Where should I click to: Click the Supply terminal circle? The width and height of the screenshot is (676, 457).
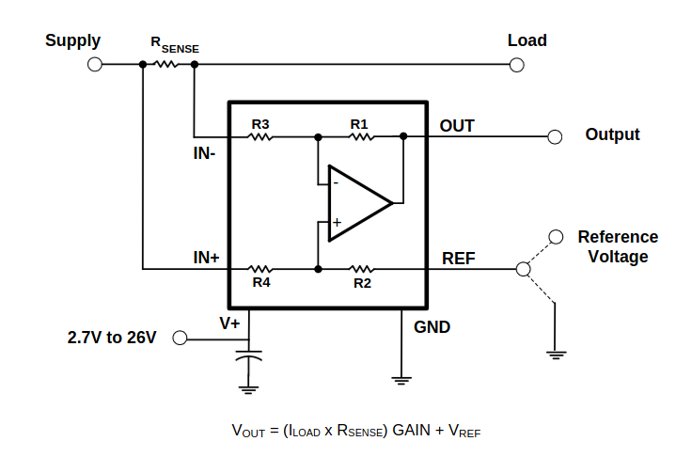pos(95,65)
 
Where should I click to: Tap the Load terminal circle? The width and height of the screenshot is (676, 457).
pos(516,65)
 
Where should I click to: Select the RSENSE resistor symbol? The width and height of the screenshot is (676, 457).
pos(166,64)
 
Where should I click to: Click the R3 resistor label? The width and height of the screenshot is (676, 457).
pos(260,124)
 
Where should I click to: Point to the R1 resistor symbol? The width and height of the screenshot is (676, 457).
pos(361,137)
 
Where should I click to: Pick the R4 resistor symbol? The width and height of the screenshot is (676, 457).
pos(260,270)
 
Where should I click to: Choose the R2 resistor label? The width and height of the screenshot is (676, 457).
pos(362,283)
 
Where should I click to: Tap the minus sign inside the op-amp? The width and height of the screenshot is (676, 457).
pos(336,183)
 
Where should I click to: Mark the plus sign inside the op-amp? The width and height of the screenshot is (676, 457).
pos(337,223)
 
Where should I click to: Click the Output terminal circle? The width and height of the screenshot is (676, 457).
pos(555,136)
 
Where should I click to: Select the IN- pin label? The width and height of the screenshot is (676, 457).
pos(204,153)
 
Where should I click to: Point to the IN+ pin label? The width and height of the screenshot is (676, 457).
pos(206,258)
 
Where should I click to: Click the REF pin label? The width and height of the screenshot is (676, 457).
pos(459,259)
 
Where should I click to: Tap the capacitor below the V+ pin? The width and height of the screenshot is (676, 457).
pos(249,356)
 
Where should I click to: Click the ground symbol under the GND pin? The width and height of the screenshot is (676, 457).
pos(401,381)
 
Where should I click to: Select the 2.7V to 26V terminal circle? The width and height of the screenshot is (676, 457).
pos(180,338)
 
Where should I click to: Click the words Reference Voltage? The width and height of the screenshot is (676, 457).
pos(618,246)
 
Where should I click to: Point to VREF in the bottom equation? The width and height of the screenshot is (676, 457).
pos(464,431)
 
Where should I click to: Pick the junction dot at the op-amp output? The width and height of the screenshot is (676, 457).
pos(403,136)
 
